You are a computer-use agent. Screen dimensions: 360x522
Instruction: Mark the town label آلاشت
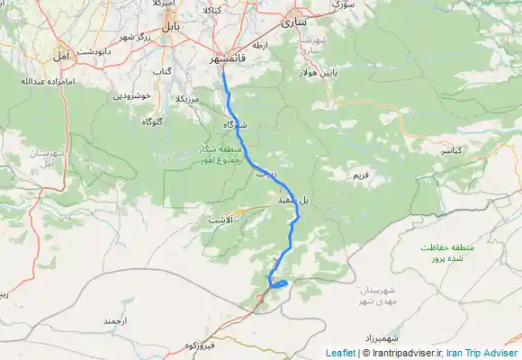coord(220,219)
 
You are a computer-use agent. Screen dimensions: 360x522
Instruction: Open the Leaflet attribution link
coord(340,353)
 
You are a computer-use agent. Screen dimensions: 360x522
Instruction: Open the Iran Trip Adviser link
coord(482,353)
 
